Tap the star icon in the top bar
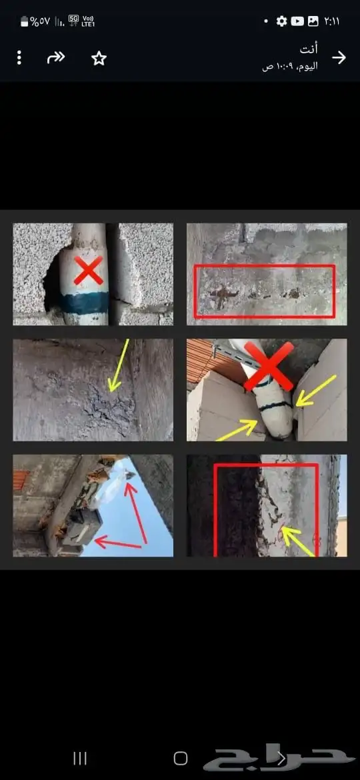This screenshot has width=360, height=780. [x=99, y=59]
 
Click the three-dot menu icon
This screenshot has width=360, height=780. [x=19, y=58]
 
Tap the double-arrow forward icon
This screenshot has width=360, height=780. [x=56, y=58]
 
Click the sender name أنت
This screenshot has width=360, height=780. [x=309, y=49]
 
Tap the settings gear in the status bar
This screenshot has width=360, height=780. [x=282, y=21]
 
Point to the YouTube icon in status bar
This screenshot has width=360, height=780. [x=297, y=21]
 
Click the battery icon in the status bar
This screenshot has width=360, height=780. [x=25, y=21]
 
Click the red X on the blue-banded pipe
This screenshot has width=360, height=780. [x=89, y=270]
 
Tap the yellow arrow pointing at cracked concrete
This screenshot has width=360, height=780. [x=118, y=365]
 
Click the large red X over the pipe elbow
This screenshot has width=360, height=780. [x=269, y=366]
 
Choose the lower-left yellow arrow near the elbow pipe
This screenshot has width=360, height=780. [x=237, y=430]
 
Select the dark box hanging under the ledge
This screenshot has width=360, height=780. [x=83, y=526]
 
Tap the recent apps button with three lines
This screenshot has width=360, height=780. [x=80, y=758]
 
